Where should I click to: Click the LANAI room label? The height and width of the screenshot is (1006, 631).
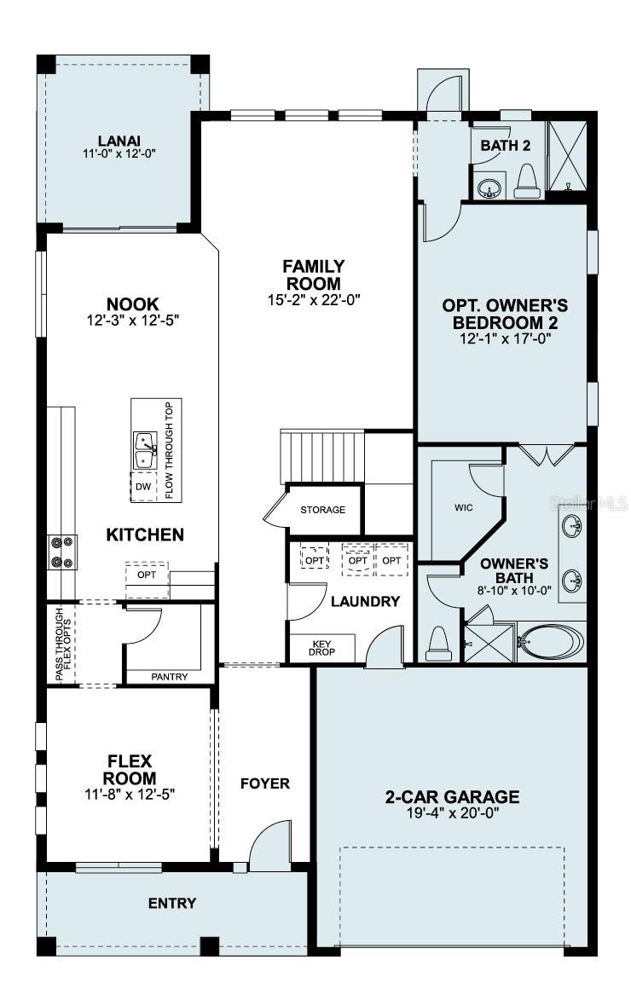pyautogui.click(x=119, y=141)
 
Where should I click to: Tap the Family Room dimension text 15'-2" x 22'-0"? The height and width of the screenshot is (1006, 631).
pyautogui.click(x=313, y=299)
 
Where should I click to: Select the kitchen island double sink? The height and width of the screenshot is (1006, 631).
pyautogui.click(x=145, y=449)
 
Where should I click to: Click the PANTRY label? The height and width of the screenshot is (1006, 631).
pyautogui.click(x=169, y=676)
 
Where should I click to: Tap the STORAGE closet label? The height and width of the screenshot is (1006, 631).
pyautogui.click(x=322, y=510)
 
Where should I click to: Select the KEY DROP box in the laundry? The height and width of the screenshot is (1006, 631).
pyautogui.click(x=321, y=647)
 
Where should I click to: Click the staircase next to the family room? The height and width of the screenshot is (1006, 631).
pyautogui.click(x=322, y=456)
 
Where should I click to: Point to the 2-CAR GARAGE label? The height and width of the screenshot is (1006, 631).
pyautogui.click(x=451, y=797)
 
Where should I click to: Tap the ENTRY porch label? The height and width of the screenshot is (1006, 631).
pyautogui.click(x=172, y=903)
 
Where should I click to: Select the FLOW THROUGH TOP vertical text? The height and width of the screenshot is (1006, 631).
pyautogui.click(x=168, y=449)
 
